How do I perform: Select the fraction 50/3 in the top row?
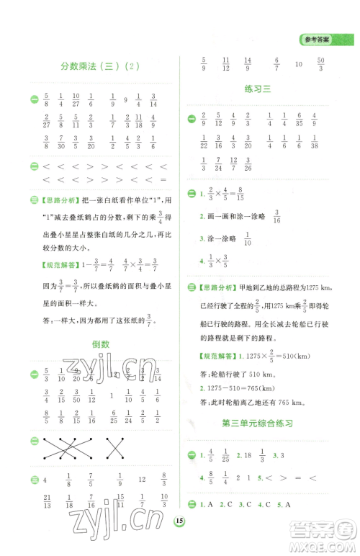tap(320, 63)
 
